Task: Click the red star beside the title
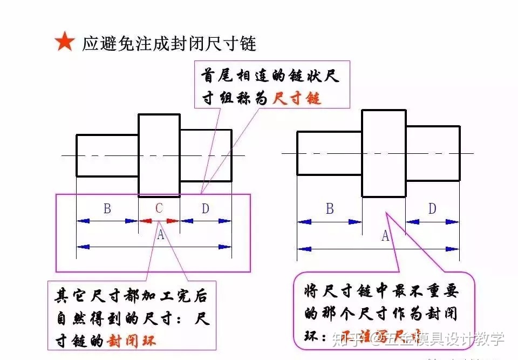(64, 42)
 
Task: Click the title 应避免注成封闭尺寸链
(169, 43)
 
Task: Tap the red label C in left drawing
(159, 208)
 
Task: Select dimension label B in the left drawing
(107, 208)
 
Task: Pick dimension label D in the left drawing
(205, 208)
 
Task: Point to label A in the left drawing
(160, 235)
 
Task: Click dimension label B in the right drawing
(330, 209)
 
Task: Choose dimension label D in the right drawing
(432, 208)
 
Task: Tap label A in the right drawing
(385, 236)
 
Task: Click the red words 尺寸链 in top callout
(297, 98)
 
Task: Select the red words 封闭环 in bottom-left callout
(132, 341)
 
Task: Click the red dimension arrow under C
(159, 221)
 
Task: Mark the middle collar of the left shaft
(159, 155)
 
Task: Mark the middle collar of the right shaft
(384, 153)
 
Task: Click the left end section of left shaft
(107, 155)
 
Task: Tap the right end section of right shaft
(433, 153)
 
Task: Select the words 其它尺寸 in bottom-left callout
(91, 296)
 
